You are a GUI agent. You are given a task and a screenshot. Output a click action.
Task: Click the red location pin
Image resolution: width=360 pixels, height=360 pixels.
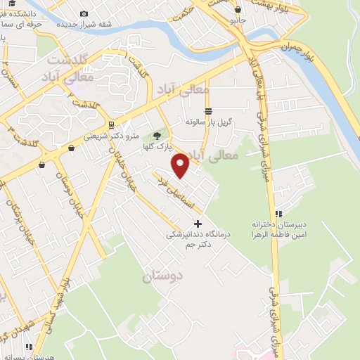point(181,165)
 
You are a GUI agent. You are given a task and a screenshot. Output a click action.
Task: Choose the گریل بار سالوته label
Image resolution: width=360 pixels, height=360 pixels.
point(209,122)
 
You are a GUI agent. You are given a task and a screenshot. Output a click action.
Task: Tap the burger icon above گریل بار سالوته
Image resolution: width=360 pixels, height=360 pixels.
point(208,111)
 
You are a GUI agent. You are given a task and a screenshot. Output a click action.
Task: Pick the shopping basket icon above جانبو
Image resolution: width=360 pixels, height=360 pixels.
point(238,10)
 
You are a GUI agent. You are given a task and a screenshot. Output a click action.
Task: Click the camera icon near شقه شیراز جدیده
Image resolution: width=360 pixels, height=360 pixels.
point(84,13)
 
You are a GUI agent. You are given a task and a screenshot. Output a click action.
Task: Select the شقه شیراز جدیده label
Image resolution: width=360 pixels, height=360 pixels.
point(84,24)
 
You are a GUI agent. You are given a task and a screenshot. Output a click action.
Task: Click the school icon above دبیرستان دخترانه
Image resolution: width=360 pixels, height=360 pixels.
point(279,213)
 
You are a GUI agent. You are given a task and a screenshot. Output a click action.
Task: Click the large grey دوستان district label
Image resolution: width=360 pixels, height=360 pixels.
point(163,277)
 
